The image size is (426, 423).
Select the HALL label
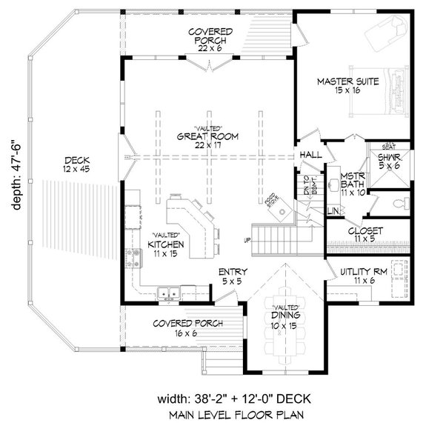(308, 155)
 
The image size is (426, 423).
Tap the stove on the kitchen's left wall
(134, 259)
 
